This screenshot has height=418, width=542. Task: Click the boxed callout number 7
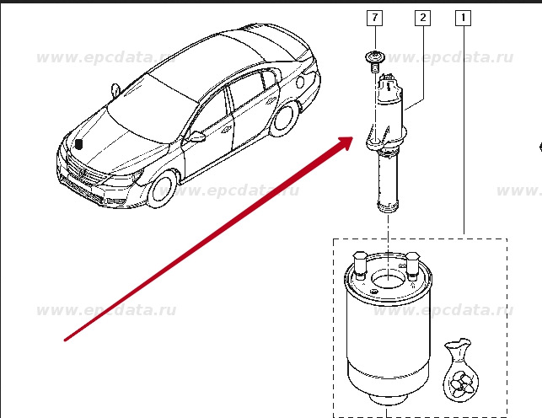click(375, 18)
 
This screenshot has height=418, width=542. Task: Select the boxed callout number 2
click(423, 18)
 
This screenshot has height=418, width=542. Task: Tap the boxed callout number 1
click(464, 18)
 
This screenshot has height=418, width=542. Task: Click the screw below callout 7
click(374, 62)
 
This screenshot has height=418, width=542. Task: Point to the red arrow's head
click(345, 142)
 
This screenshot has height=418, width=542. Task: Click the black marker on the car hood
click(79, 144)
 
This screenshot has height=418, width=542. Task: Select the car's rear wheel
click(286, 120)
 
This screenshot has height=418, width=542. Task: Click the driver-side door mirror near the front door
click(196, 137)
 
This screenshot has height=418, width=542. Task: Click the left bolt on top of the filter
click(360, 265)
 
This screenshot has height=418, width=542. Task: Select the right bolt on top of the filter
click(412, 266)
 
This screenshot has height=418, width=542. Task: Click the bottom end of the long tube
click(388, 207)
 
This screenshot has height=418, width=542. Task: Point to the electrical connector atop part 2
click(389, 81)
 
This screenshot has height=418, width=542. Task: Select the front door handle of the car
click(226, 130)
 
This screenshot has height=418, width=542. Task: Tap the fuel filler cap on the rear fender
click(300, 82)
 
